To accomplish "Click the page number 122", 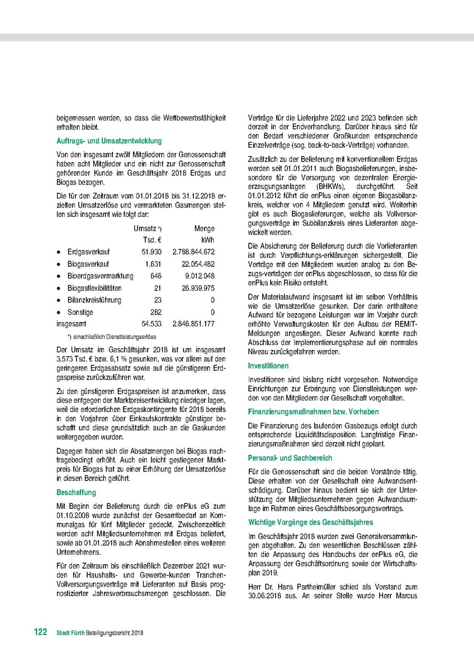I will click(40, 632).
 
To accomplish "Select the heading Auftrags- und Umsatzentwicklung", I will click(109, 141).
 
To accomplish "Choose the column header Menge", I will click(205, 229).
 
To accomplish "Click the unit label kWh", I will click(207, 240).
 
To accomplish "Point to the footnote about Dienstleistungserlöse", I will click(111, 337).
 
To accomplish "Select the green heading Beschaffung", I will click(76, 493).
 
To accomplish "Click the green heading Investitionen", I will click(268, 366).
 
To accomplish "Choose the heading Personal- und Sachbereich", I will click(290, 457).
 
